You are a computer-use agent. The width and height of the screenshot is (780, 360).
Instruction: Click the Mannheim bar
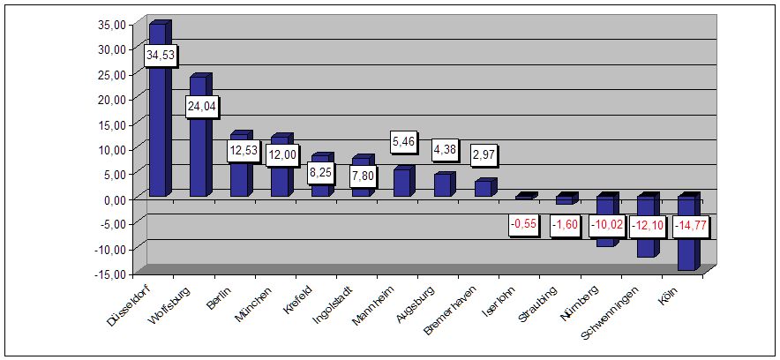[401, 183]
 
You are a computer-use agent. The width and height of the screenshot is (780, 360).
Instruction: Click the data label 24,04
[201, 107]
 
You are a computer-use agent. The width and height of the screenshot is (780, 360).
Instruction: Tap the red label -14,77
[692, 226]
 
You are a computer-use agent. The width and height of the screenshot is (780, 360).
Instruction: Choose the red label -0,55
[528, 226]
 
